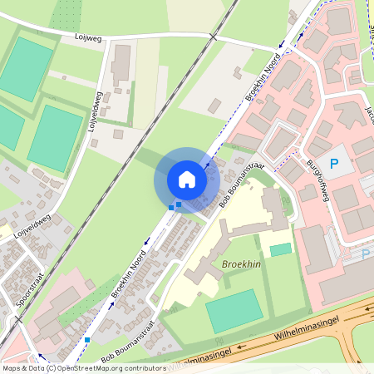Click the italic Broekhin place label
pos(241,264)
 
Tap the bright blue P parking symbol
pos(334,165)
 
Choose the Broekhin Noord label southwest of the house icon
pos(130,278)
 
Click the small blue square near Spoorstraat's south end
pos(87,340)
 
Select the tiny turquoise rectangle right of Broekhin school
pos(281,249)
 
